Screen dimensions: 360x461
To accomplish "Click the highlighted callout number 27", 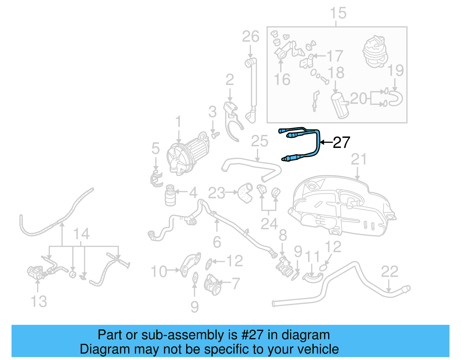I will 341,142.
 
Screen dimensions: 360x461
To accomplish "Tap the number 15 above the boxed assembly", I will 338,13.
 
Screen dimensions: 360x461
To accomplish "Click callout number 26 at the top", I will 250,37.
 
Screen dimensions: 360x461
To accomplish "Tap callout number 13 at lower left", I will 39,301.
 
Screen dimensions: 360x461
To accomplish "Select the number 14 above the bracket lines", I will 81,234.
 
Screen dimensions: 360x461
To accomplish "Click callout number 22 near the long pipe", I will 390,272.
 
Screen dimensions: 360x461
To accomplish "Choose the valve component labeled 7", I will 212,284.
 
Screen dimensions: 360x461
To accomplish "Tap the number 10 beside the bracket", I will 159,272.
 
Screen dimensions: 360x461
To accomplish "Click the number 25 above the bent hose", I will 259,141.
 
